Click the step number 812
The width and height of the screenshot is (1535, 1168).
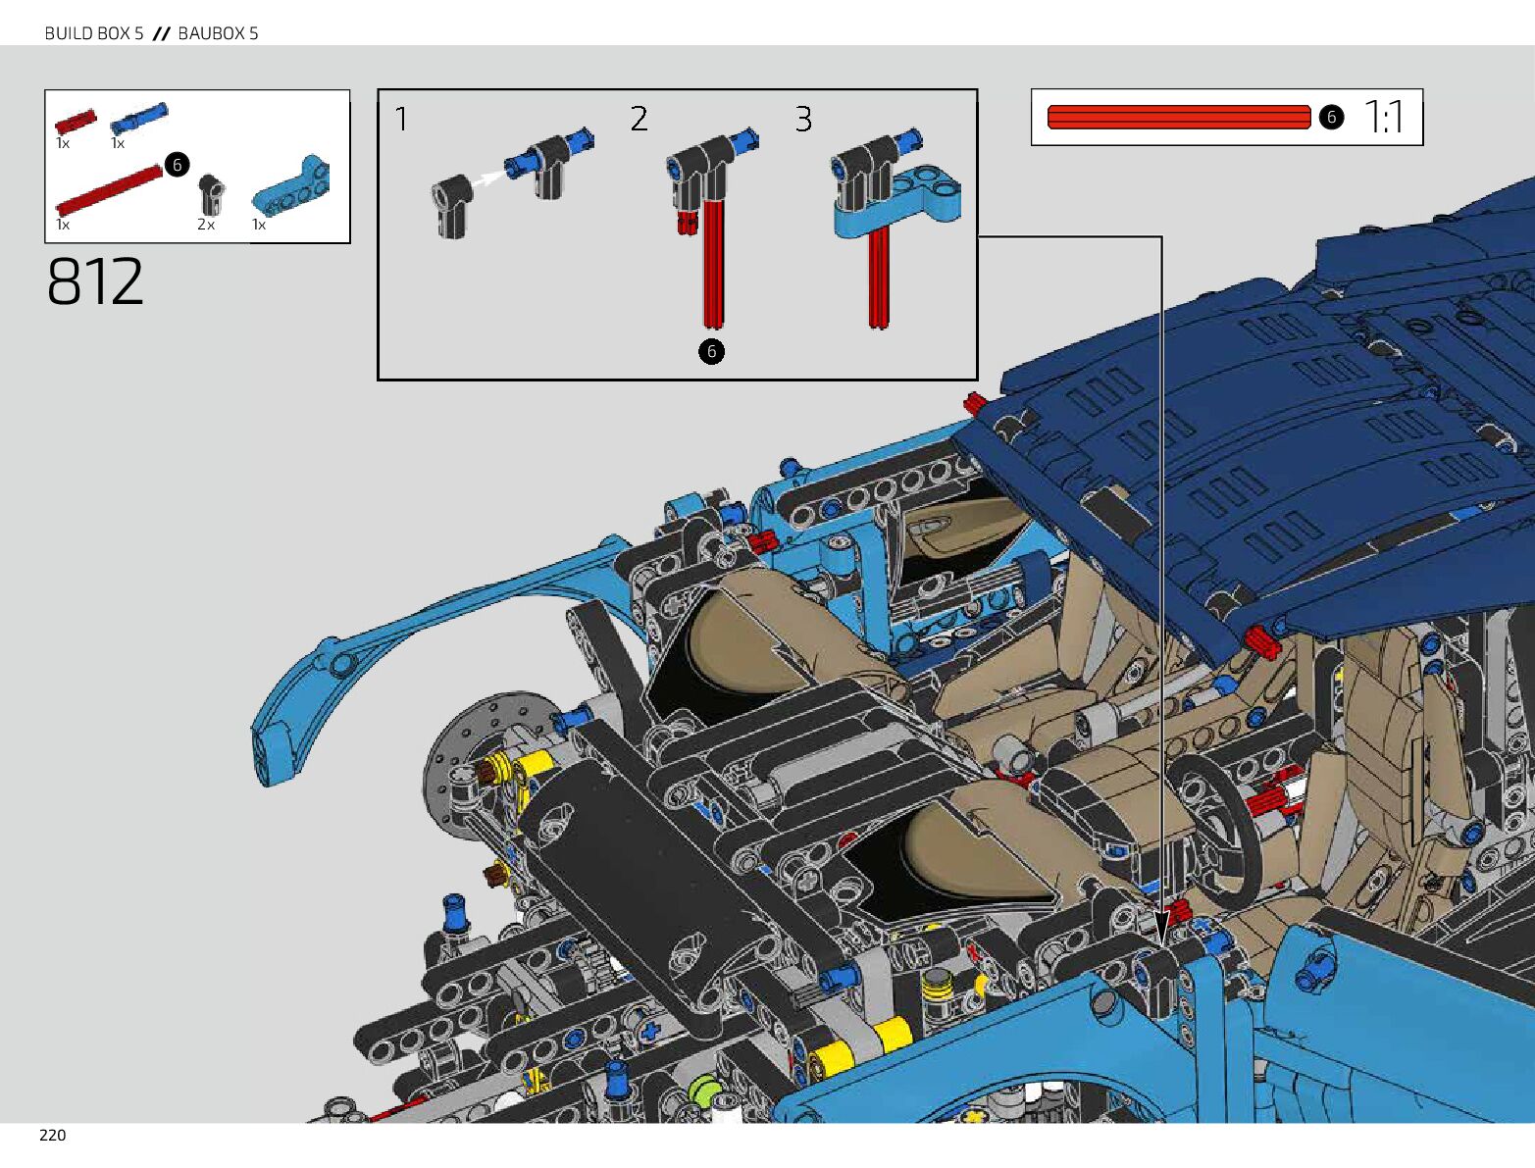pyautogui.click(x=95, y=282)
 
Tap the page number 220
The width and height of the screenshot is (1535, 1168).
pyautogui.click(x=53, y=1135)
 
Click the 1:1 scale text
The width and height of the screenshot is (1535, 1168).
pyautogui.click(x=1384, y=117)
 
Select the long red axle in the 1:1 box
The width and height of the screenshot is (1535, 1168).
pyautogui.click(x=1178, y=118)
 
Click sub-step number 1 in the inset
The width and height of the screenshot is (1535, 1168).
pyautogui.click(x=401, y=120)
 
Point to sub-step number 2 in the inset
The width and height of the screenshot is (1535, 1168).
pyautogui.click(x=639, y=120)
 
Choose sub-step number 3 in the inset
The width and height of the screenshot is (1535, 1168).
pyautogui.click(x=803, y=120)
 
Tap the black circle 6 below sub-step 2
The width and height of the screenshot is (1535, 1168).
pyautogui.click(x=711, y=351)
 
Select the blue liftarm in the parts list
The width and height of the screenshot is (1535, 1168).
pyautogui.click(x=291, y=186)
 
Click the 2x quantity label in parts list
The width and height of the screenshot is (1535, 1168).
pyautogui.click(x=205, y=225)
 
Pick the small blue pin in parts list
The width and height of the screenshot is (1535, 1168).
pyautogui.click(x=138, y=118)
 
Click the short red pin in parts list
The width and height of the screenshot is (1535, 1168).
pyautogui.click(x=76, y=121)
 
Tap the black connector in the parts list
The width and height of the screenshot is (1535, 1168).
pyautogui.click(x=210, y=193)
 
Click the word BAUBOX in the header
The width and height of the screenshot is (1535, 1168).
pyautogui.click(x=211, y=33)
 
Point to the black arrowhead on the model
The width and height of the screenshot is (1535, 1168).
pyautogui.click(x=1161, y=929)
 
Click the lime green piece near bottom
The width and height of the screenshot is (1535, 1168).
pyautogui.click(x=704, y=1090)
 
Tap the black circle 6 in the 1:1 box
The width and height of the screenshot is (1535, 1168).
pyautogui.click(x=1330, y=117)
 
